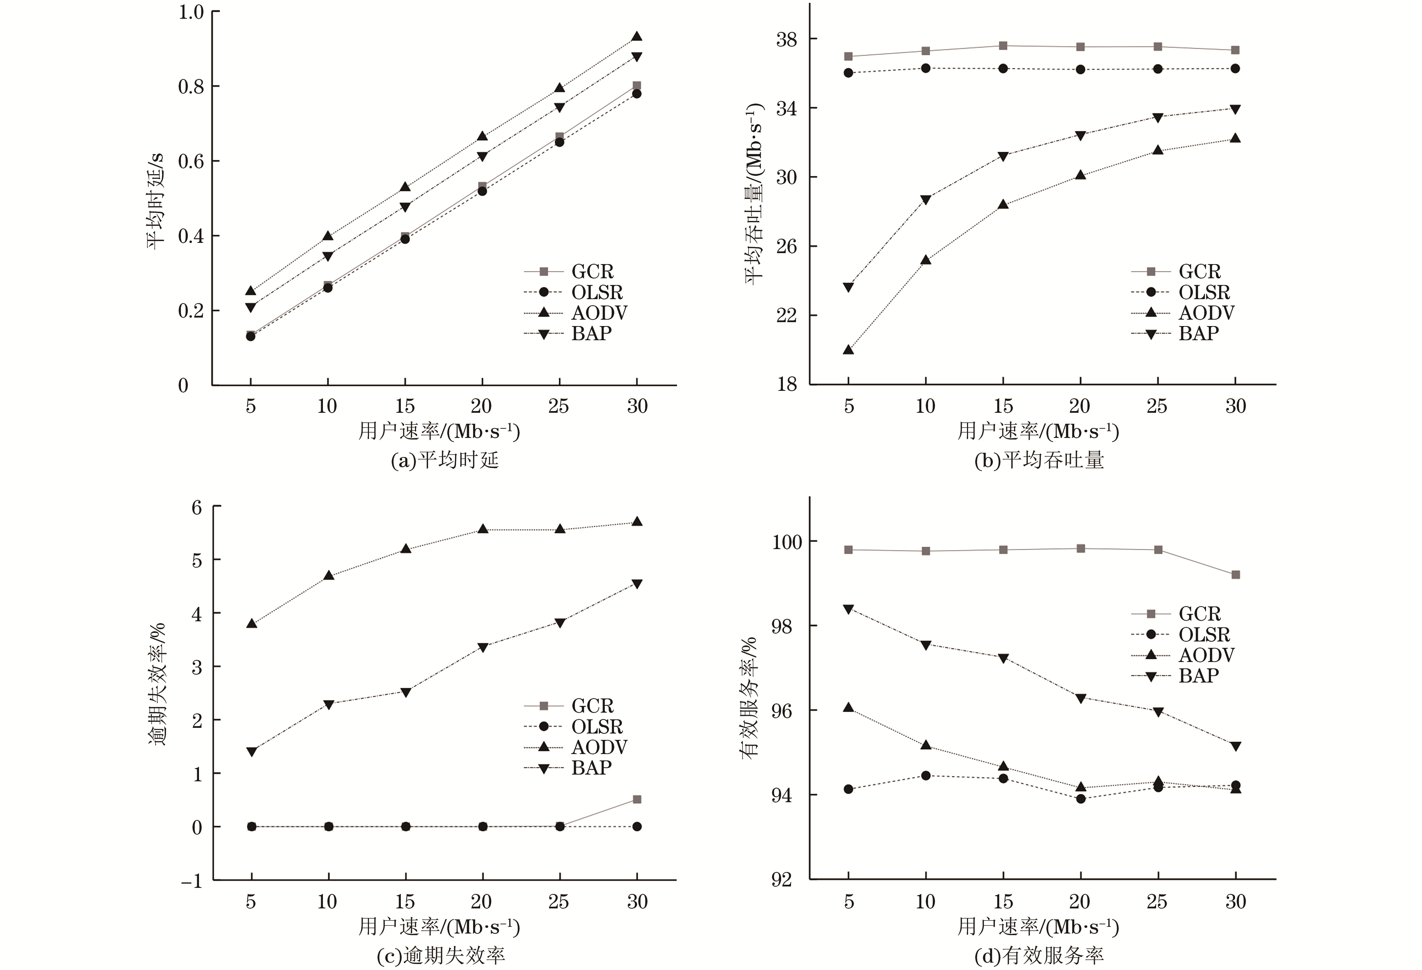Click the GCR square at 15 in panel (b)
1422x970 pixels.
tap(1003, 46)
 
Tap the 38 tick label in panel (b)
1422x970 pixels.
tap(786, 40)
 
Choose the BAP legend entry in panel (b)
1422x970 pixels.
tap(1198, 333)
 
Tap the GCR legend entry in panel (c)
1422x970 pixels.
tap(592, 706)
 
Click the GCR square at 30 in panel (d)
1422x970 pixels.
tap(1235, 575)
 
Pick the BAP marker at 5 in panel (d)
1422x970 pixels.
tap(848, 610)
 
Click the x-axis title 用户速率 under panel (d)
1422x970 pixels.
tap(1038, 927)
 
